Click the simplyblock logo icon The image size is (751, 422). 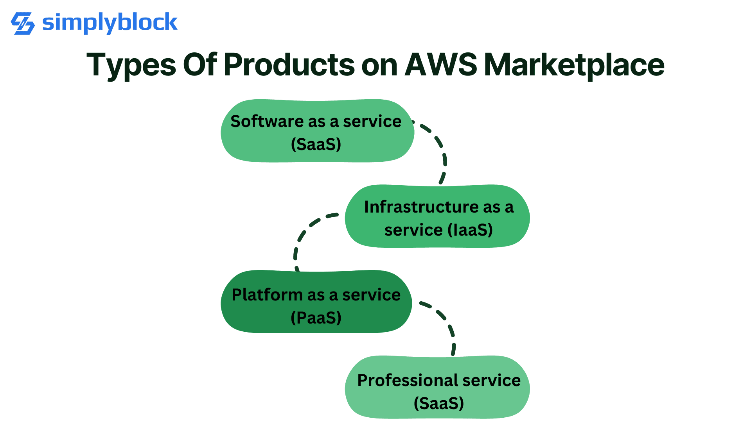pos(23,23)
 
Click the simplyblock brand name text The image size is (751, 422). pos(110,23)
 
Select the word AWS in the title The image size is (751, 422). pos(440,64)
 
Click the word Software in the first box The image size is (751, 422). pos(266,122)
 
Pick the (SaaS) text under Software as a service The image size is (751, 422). pos(316,144)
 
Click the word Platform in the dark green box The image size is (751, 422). pos(266,295)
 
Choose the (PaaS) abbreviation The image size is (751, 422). pos(316,318)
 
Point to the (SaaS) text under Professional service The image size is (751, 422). pos(439,403)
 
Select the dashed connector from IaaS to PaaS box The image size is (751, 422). pos(303,234)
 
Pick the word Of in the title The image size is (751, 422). pos(199,64)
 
